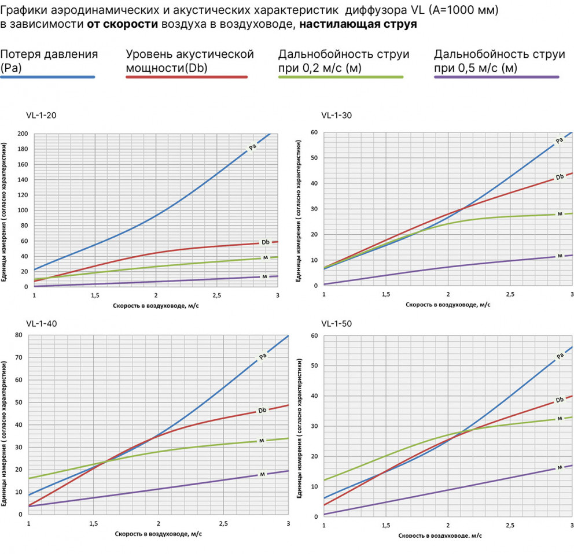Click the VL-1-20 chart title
[x=42, y=115]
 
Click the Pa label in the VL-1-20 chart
[x=252, y=147]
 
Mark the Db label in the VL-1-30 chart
[x=560, y=177]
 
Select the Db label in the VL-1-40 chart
[x=262, y=410]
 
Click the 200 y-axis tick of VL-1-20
[x=23, y=134]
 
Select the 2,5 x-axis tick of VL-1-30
[x=510, y=294]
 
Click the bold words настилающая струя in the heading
[x=358, y=25]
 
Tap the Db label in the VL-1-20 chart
[x=265, y=242]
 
